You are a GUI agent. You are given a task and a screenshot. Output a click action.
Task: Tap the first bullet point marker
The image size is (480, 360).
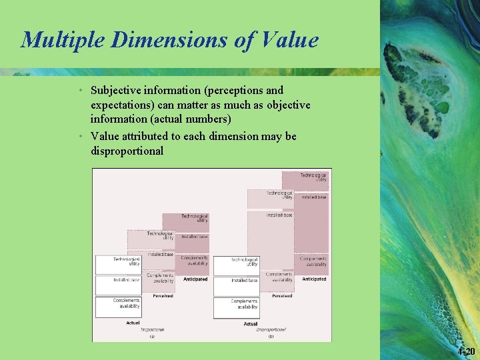80,90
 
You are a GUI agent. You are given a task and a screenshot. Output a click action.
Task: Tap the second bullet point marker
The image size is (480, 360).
80,136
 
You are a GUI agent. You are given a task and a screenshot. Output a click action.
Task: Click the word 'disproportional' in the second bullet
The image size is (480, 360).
127,151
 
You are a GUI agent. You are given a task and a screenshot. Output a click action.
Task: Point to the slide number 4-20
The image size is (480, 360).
467,351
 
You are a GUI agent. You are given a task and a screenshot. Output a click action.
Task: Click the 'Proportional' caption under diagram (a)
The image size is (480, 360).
153,329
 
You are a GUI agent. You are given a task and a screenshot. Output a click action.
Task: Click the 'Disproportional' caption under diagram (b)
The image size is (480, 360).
271,329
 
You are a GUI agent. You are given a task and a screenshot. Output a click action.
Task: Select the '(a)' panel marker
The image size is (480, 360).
152,337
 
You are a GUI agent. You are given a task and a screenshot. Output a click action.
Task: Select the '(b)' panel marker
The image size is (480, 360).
271,337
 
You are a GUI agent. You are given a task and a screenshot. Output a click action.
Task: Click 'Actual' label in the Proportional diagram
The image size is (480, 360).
133,323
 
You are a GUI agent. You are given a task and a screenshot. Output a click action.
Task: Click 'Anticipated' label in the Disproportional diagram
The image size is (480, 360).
314,279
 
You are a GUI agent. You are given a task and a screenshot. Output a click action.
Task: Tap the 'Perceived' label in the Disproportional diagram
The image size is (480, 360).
281,295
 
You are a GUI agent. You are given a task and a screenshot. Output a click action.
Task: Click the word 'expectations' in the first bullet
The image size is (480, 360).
121,105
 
